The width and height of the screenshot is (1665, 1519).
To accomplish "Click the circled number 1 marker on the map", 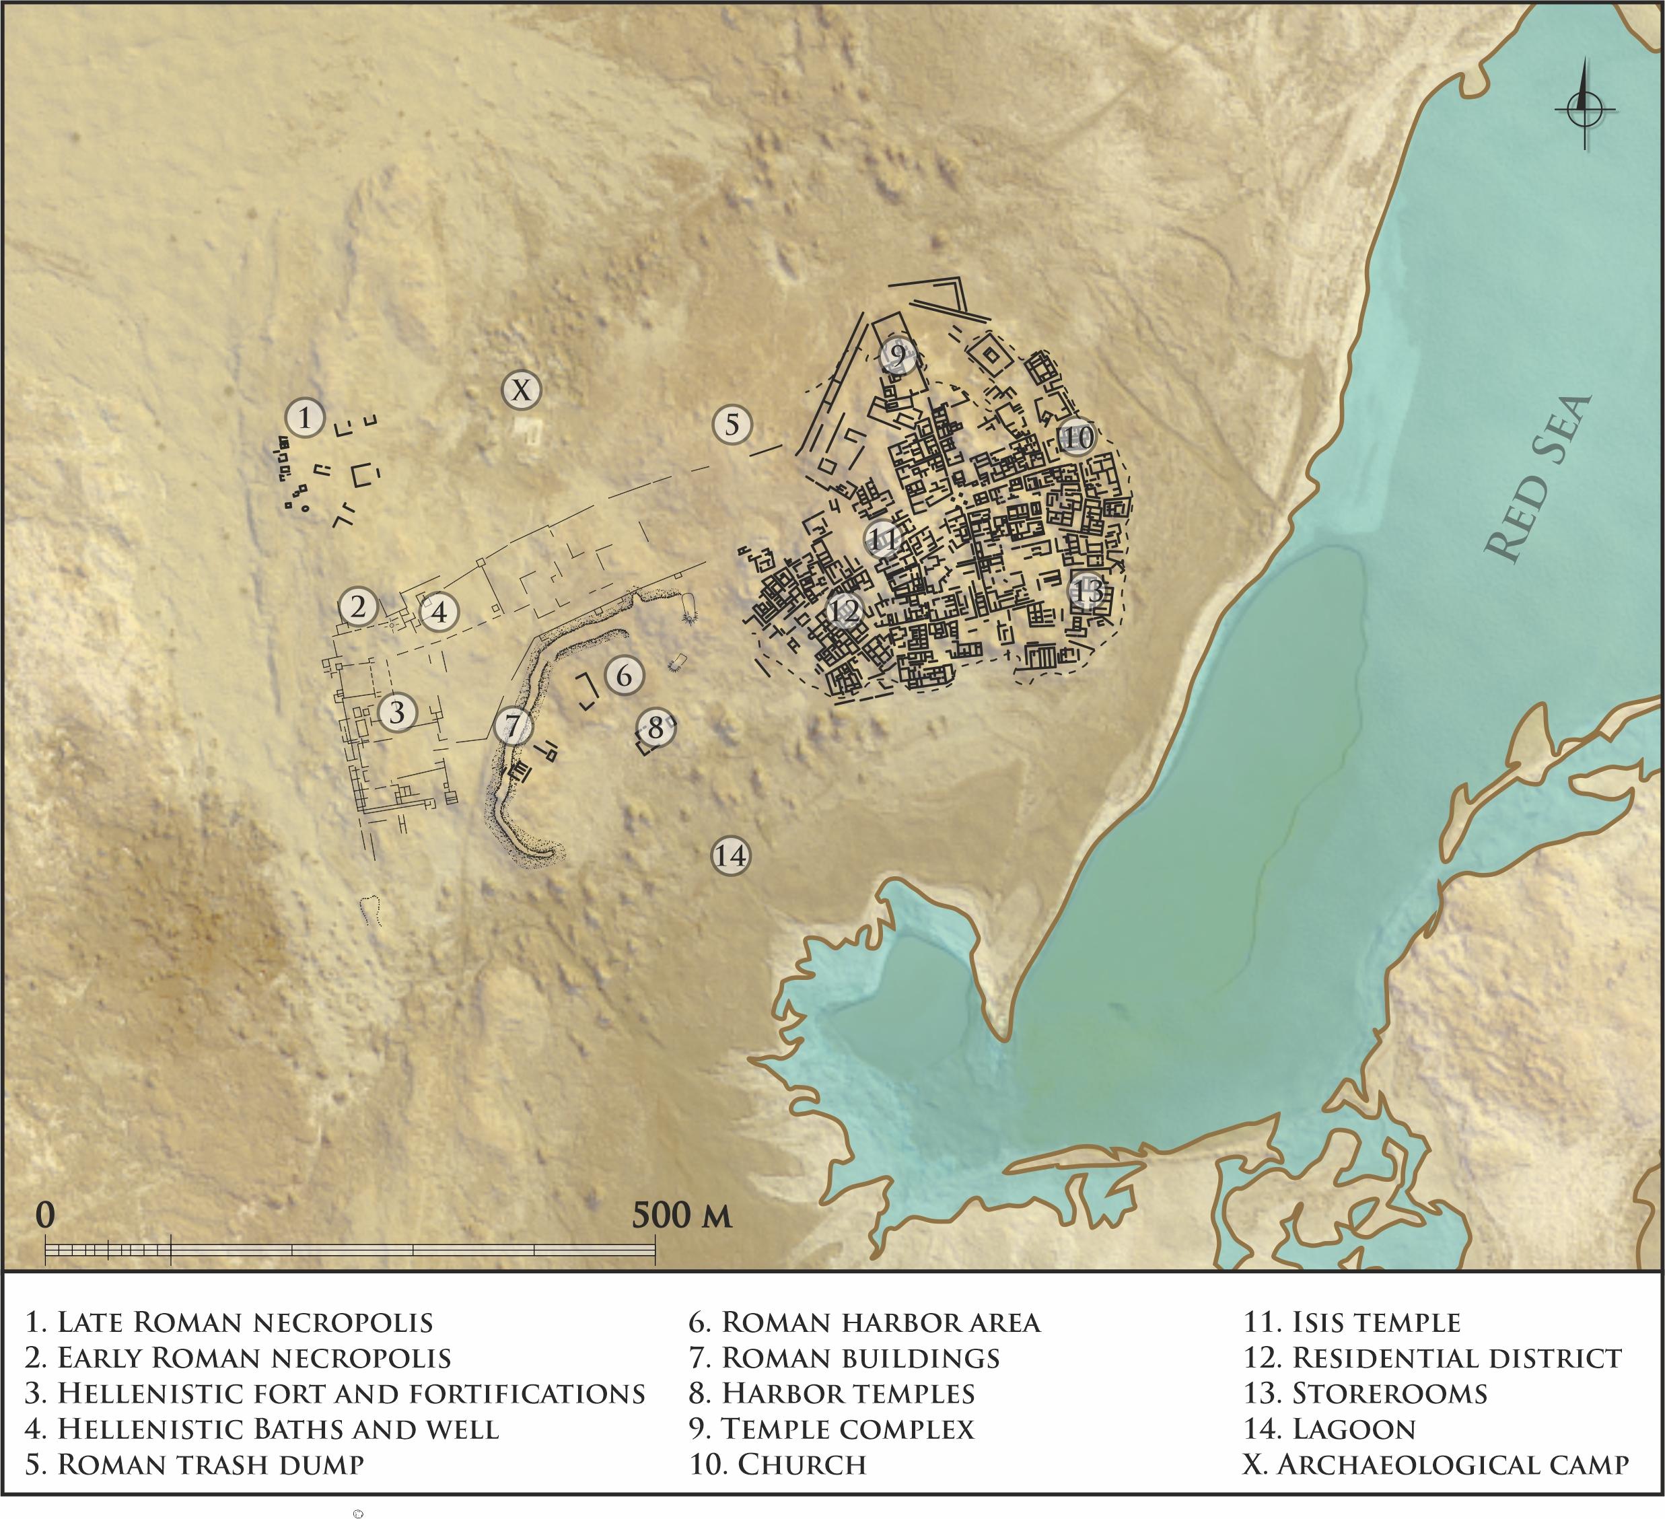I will pos(306,417).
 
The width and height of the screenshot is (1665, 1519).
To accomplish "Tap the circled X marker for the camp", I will pos(521,389).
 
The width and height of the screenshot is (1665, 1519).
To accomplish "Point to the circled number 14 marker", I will pos(731,855).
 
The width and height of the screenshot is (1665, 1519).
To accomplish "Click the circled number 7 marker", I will pos(513,727).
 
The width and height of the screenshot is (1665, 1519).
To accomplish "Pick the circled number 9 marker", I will pos(898,356).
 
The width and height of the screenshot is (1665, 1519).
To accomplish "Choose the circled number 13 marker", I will pos(1088,590).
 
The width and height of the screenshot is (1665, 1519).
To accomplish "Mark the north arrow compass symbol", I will pos(1585,108).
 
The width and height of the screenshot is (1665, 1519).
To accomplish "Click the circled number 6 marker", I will pos(624,675).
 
